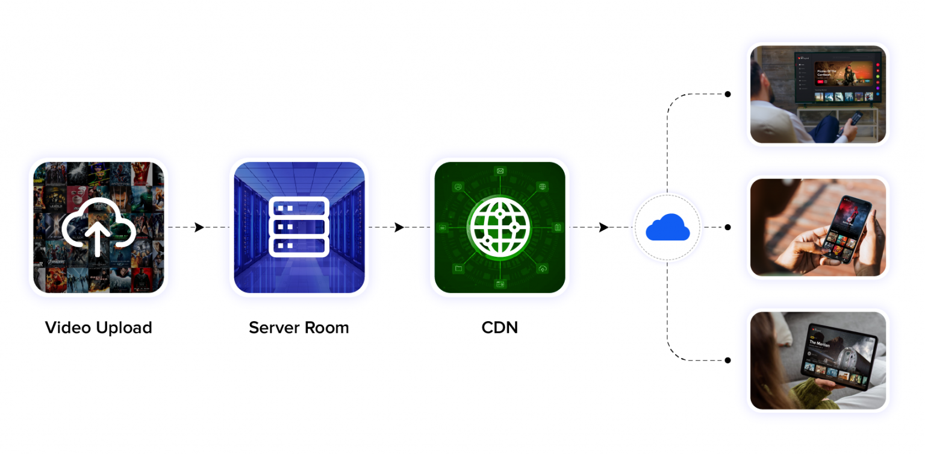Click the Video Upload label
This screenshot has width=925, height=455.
98,328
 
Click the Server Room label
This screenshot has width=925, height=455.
299,328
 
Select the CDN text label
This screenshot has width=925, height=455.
499,328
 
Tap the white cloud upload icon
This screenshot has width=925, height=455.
98,227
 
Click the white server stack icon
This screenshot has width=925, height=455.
299,227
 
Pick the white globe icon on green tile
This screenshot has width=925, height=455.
499,227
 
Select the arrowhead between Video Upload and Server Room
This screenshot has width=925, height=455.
199,227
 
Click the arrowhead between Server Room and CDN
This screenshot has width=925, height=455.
399,227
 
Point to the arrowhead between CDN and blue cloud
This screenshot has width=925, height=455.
603,227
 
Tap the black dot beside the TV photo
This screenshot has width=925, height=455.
728,94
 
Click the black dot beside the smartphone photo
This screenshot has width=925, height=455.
728,227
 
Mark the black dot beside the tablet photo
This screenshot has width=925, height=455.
728,360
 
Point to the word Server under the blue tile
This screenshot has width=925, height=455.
273,328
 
